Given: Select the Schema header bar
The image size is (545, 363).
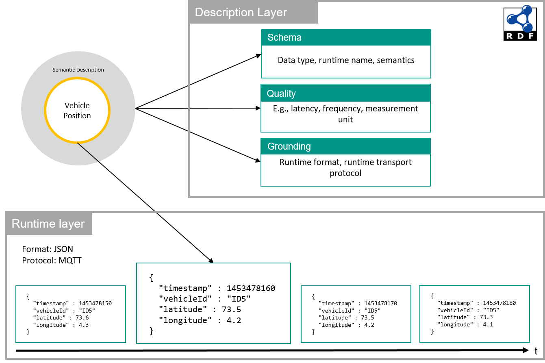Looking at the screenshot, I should (x=345, y=37).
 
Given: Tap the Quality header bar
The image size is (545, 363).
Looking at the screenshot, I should (x=345, y=93).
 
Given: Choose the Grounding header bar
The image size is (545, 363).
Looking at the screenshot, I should (x=345, y=146).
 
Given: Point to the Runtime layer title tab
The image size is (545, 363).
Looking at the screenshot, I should (x=49, y=224).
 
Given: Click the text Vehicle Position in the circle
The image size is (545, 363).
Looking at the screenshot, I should (x=77, y=111).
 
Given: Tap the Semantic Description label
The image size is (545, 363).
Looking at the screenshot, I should (x=78, y=70).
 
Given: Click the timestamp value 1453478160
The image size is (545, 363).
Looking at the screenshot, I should (x=251, y=288).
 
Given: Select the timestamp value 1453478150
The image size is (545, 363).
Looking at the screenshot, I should (x=96, y=303).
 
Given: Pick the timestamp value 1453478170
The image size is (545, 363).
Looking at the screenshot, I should (x=380, y=303).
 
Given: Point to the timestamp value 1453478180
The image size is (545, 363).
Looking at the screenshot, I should (x=499, y=303).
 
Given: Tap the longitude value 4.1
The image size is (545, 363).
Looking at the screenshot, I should (x=487, y=324).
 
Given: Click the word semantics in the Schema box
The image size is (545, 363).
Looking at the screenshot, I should (x=395, y=60).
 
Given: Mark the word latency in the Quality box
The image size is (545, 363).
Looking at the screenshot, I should (x=304, y=109).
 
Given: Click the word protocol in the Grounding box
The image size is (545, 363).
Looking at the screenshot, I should (x=345, y=173).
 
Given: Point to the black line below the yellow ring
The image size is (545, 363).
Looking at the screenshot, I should (x=88, y=152).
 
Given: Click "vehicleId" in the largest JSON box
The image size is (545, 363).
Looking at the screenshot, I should (x=185, y=299).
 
